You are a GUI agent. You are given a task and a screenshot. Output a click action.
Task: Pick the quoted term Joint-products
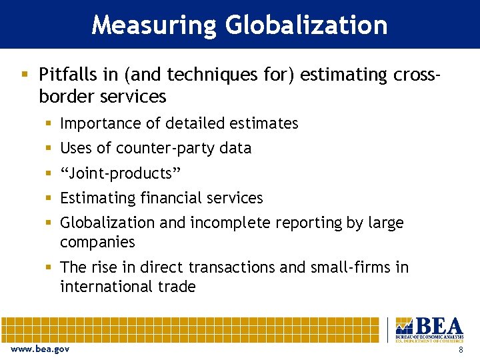(x=120, y=173)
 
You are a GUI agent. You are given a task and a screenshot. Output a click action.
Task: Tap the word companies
(x=97, y=242)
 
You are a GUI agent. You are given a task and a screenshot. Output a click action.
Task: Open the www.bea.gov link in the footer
(x=40, y=349)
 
